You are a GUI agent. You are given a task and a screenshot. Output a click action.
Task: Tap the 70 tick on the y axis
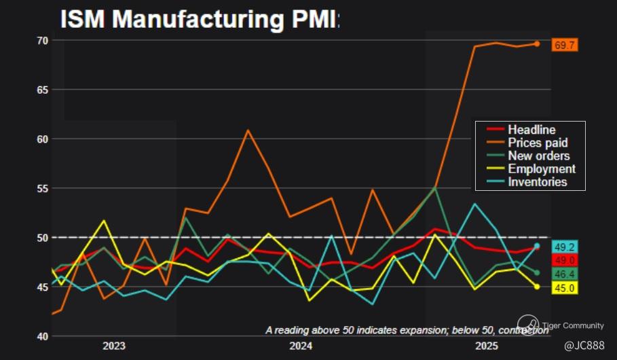(x=41, y=41)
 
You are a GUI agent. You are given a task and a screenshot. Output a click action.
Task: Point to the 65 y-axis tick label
(x=41, y=90)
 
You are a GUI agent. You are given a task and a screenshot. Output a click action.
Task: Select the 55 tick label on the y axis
(x=41, y=188)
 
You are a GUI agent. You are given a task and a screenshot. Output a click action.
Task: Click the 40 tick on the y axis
(x=41, y=336)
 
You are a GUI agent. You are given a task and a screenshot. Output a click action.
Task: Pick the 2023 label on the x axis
(x=114, y=346)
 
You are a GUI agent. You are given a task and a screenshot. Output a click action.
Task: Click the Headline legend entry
(x=531, y=130)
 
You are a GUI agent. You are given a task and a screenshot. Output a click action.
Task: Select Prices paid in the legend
(x=538, y=143)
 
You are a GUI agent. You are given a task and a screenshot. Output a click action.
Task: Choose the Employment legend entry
(x=541, y=168)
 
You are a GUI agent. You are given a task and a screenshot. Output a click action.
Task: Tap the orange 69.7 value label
(x=565, y=45)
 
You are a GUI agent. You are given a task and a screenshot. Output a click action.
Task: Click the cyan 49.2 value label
(x=565, y=247)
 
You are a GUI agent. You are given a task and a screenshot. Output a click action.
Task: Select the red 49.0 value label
(x=565, y=260)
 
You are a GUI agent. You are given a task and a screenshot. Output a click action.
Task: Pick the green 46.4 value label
(x=565, y=274)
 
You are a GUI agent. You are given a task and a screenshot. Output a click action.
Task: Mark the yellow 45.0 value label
(x=565, y=288)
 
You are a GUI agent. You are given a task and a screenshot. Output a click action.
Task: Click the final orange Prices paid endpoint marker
(x=537, y=43)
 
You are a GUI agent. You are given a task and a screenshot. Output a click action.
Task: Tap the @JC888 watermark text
(x=584, y=346)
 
